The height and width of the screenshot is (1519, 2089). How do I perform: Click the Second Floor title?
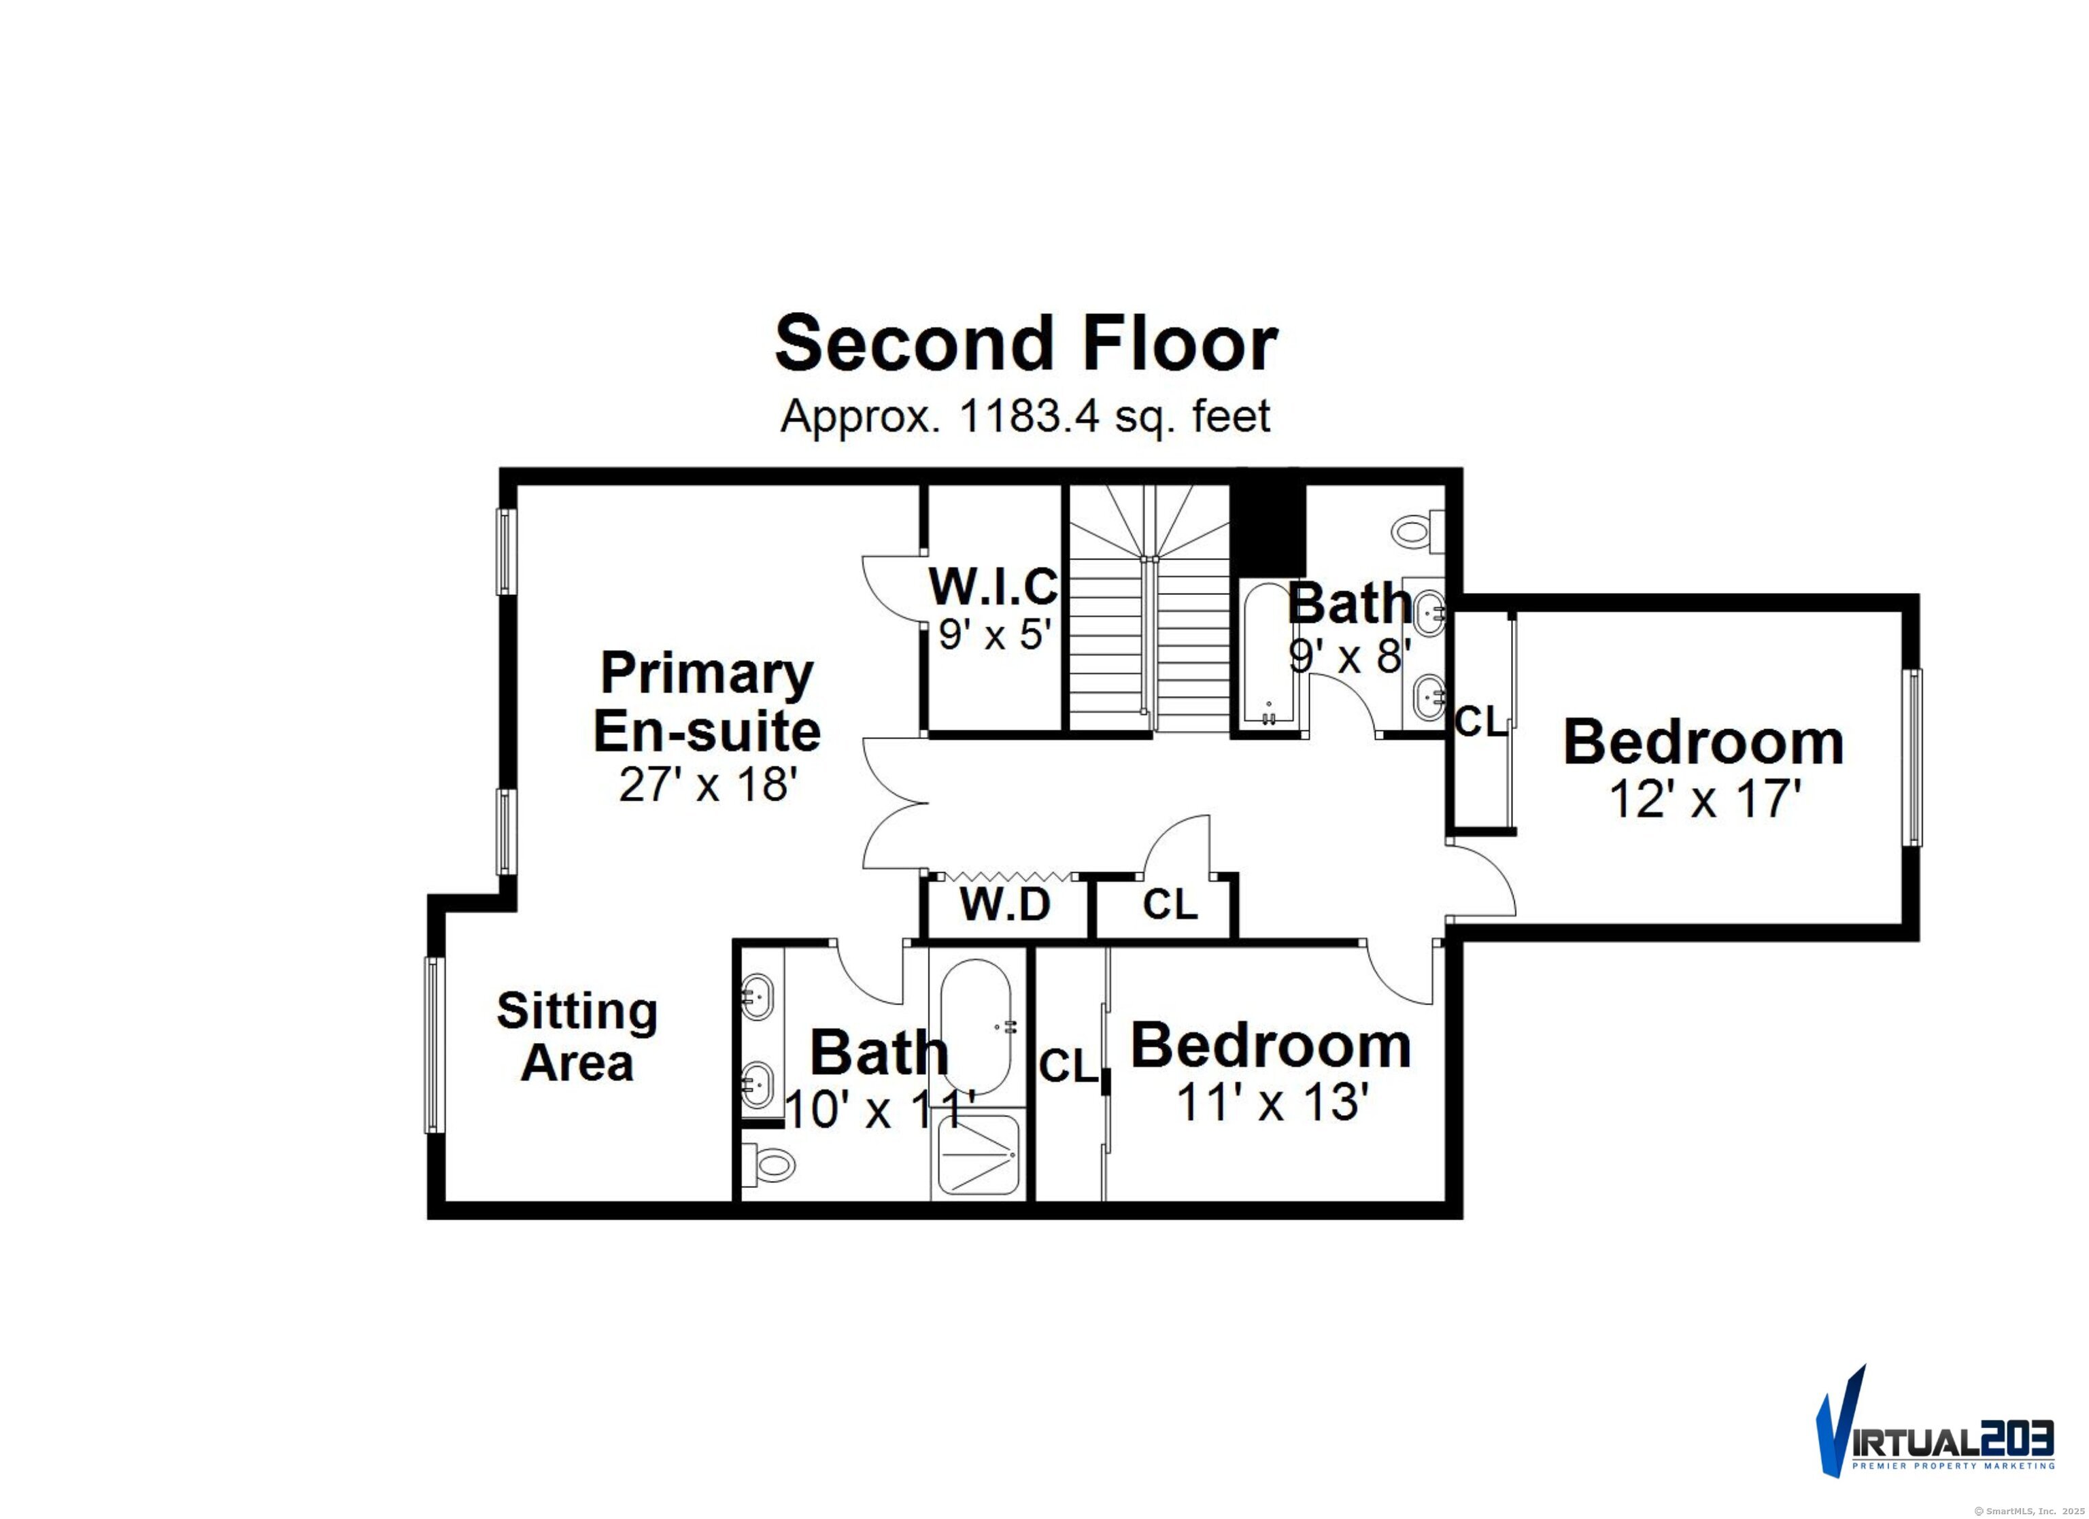coord(1025,343)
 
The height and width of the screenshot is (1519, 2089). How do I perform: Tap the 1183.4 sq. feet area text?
coord(1025,416)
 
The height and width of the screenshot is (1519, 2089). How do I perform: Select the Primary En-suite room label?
coord(707,702)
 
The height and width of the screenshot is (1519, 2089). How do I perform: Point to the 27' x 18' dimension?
coord(707,785)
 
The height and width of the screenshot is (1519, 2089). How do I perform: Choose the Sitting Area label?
coord(577,1036)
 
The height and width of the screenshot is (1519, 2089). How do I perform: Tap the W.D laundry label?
coord(1005,904)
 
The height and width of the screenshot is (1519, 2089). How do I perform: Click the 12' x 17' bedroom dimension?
coord(1704,799)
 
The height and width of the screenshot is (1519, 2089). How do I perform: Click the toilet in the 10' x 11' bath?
coord(768,1164)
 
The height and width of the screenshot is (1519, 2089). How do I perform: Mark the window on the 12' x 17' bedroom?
coord(1913,757)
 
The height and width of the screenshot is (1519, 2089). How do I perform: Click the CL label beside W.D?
coord(1170,904)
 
